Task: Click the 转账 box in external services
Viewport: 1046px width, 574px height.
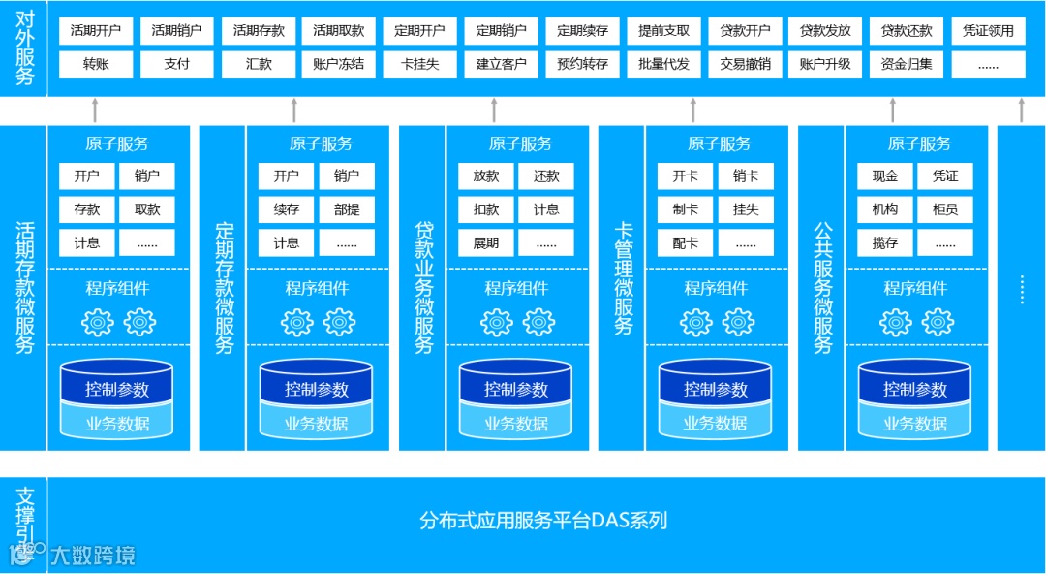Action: point(95,64)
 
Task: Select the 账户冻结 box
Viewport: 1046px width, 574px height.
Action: point(339,64)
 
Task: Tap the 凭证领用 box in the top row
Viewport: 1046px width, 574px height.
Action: point(988,31)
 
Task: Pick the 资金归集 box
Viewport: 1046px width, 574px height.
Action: point(907,64)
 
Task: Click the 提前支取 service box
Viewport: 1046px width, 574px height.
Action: point(663,31)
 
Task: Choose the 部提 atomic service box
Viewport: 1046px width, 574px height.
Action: point(347,209)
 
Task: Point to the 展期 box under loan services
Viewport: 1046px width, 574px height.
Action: point(486,242)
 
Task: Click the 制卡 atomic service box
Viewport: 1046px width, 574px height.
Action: point(686,209)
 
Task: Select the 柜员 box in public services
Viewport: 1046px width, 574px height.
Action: point(945,209)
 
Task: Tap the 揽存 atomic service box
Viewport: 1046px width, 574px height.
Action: point(885,242)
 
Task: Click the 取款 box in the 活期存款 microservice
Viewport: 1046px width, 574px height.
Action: point(147,209)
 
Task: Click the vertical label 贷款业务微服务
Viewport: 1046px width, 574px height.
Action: point(423,287)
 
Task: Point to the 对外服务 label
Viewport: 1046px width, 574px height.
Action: point(24,49)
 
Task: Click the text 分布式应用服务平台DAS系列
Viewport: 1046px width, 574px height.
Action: point(543,521)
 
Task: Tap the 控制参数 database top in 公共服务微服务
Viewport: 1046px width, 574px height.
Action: point(915,389)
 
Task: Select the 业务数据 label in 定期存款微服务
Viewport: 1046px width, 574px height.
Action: point(317,424)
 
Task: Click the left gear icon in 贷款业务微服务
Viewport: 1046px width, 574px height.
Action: point(497,322)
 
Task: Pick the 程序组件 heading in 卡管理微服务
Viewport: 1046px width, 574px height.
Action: point(716,288)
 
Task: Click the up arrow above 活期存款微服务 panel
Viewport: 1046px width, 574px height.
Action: point(95,110)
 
